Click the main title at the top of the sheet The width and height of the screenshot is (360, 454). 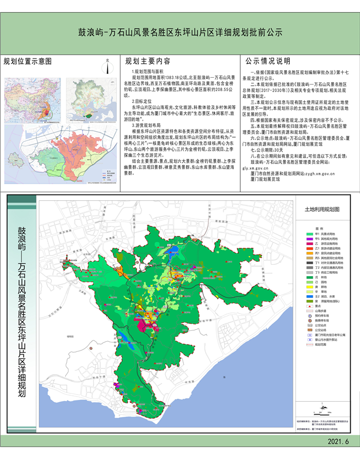180,33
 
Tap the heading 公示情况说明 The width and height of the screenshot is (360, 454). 268,62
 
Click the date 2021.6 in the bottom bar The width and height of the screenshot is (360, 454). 338,441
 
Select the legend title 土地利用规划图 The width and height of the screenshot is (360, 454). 323,212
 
